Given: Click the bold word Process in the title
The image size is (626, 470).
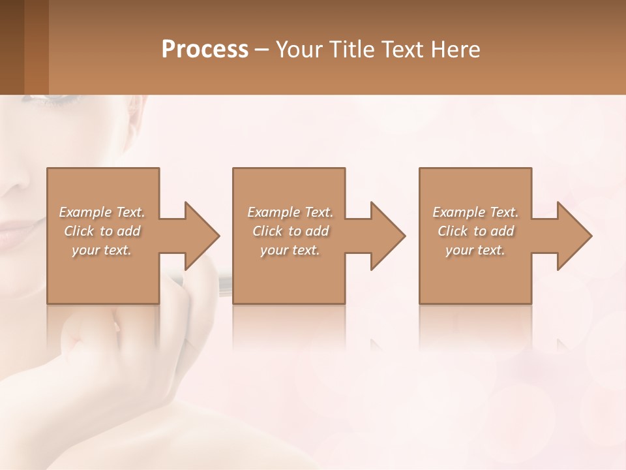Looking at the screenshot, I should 205,50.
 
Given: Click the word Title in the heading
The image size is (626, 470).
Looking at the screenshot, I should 351,50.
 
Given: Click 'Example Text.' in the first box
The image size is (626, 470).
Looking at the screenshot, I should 102,212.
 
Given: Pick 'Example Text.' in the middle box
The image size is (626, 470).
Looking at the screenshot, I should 290,212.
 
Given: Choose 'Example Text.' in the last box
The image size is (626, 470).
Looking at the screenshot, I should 475,212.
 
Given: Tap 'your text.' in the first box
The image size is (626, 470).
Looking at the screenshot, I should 102,250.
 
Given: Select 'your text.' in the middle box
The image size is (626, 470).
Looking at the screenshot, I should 290,250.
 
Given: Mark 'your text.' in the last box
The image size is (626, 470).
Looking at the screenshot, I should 475,250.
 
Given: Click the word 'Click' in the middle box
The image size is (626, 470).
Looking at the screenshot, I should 267,231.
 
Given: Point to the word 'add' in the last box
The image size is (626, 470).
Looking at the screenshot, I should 503,231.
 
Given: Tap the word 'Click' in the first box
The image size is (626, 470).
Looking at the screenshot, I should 78,231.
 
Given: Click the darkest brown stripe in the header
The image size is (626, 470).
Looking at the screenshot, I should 12,47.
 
